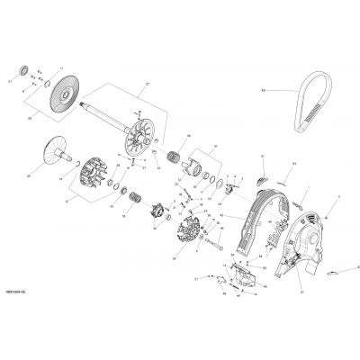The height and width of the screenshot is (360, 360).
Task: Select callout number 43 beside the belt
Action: pos(289,90)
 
